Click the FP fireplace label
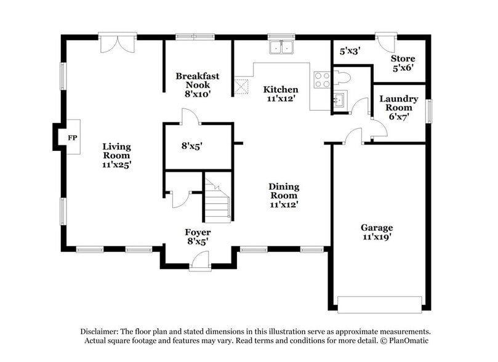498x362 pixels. pyautogui.click(x=73, y=137)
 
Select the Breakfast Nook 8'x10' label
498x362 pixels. pyautogui.click(x=198, y=85)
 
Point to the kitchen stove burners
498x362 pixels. pyautogui.click(x=322, y=80)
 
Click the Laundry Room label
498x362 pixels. pyautogui.click(x=398, y=107)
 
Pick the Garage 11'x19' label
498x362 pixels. pyautogui.click(x=377, y=232)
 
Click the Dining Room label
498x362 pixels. pyautogui.click(x=283, y=195)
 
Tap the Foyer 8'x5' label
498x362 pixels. pyautogui.click(x=198, y=237)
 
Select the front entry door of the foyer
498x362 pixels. pyautogui.click(x=199, y=262)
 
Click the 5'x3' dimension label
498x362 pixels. pyautogui.click(x=350, y=52)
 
